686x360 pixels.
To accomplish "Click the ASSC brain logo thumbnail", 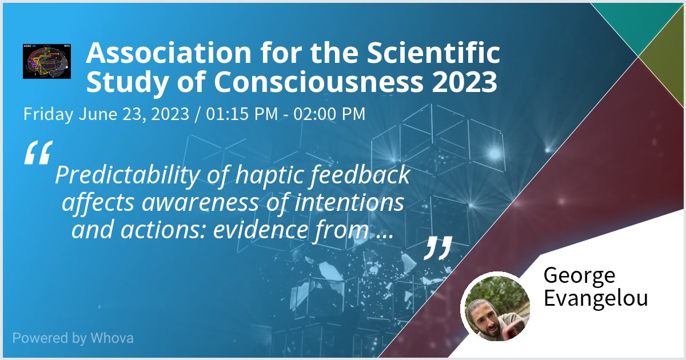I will [46, 60].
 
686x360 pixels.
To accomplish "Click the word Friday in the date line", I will [48, 114].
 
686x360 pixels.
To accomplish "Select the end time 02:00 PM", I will [329, 114].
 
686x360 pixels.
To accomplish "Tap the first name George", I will [579, 276].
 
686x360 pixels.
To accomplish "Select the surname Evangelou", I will [596, 299].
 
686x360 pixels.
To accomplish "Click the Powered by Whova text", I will [73, 338].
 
